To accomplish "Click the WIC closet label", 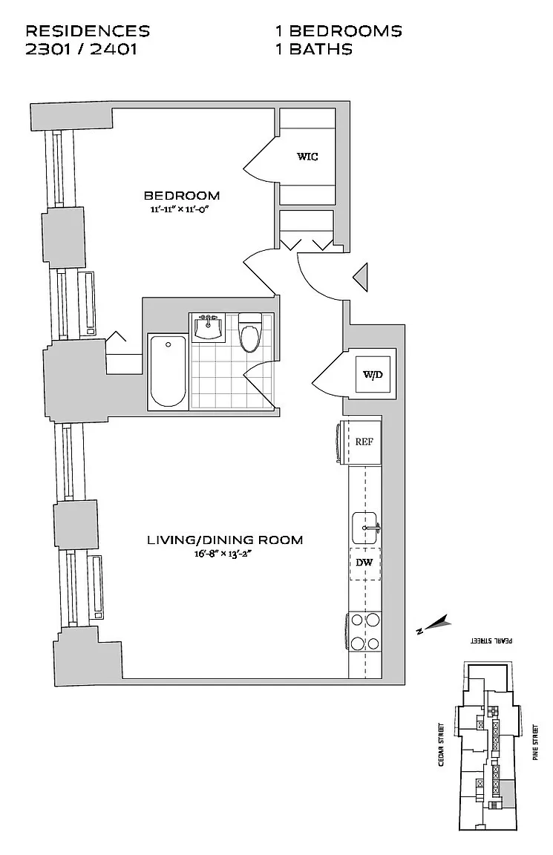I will pos(307,157).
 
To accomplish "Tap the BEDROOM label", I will pos(182,196).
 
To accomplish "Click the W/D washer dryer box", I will pos(373,374).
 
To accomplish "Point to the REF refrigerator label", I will pos(364,442).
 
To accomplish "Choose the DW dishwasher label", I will pos(364,563).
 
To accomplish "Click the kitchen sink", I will pos(364,528).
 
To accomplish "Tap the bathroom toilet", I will pos(249,334).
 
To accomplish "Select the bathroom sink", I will pos(209,327).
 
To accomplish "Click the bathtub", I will pos(168,371).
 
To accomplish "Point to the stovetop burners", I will pos(365,631).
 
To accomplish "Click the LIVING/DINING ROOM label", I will pos(225,540).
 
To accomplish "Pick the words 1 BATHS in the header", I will pos(313,50).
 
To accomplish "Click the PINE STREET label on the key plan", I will pos(534,743).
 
